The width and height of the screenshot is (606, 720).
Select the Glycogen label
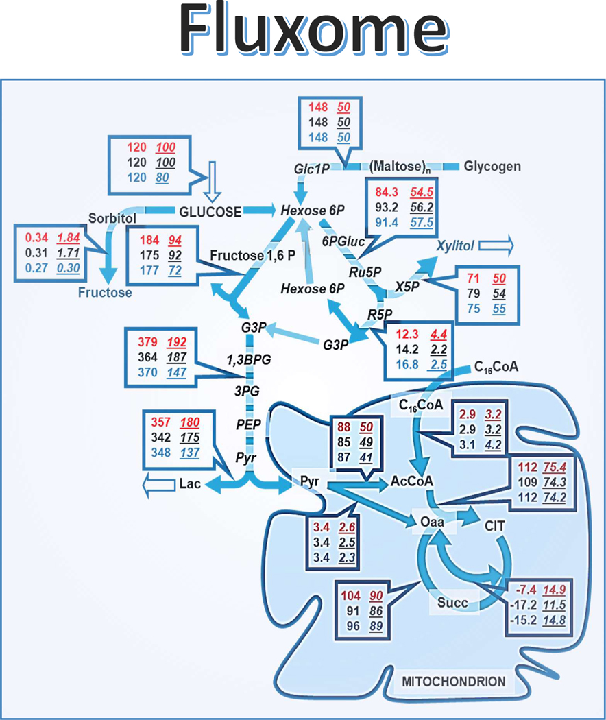(492, 166)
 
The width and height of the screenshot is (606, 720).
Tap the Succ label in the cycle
(452, 603)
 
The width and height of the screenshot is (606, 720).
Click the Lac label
(189, 484)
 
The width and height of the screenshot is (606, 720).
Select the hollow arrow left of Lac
(155, 485)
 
